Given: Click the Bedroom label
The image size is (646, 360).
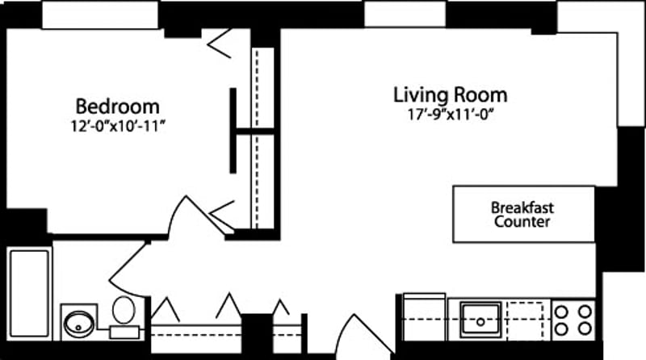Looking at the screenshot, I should (117, 106).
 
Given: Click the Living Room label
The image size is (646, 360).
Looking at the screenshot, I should (450, 94).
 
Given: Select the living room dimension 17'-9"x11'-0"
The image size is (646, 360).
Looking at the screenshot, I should (451, 115).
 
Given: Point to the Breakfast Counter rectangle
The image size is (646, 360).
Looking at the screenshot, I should (522, 214).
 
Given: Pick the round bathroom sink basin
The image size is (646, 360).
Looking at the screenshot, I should (79, 320).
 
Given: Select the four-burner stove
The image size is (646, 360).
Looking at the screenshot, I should (573, 319).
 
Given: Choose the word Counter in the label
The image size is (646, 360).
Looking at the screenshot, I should (522, 222).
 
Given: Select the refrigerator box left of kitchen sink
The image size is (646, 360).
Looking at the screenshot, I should (424, 318).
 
